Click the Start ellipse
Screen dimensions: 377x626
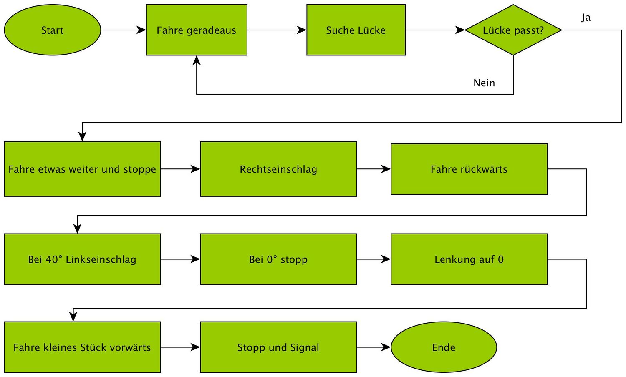tap(52, 30)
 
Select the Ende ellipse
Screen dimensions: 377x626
tap(444, 347)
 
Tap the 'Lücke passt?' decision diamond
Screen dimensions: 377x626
tap(513, 30)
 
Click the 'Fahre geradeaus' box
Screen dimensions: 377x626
tap(197, 30)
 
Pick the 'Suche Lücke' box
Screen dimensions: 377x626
tap(356, 30)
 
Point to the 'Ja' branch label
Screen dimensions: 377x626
tap(586, 18)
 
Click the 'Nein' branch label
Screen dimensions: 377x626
tap(484, 83)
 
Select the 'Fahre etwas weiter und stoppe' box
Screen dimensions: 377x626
tap(82, 169)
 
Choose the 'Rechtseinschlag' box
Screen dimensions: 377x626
tap(278, 169)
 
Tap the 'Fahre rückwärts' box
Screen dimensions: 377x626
tap(469, 169)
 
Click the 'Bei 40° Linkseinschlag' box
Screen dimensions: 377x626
tap(82, 259)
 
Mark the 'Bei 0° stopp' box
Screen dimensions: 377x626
tap(278, 259)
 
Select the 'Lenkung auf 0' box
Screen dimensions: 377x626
tap(469, 259)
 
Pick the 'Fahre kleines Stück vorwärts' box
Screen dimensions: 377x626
tap(82, 347)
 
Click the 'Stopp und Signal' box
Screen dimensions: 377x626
tap(278, 347)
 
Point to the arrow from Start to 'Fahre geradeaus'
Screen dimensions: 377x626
tap(123, 30)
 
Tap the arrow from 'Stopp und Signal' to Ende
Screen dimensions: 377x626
tap(374, 347)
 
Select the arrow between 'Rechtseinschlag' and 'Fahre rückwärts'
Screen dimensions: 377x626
tap(374, 169)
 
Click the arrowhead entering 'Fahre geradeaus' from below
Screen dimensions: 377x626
tap(197, 61)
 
